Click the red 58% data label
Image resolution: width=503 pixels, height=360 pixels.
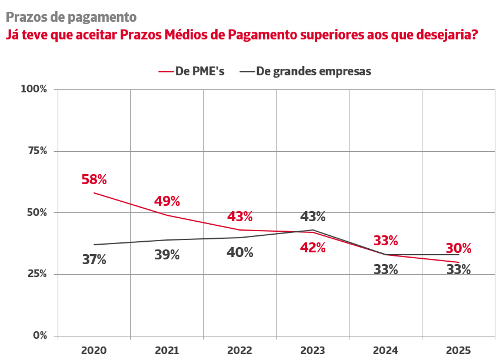tap(94, 179)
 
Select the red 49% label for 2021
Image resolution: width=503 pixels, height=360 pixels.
tap(167, 201)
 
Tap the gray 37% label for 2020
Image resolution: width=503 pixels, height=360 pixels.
tap(94, 259)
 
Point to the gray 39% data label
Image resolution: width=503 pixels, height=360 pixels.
tap(167, 255)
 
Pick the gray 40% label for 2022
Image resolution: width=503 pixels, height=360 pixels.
tap(240, 252)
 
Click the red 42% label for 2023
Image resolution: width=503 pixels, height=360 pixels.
tap(313, 248)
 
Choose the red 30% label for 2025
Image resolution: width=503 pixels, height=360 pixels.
tap(459, 249)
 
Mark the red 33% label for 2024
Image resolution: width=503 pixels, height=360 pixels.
tap(386, 241)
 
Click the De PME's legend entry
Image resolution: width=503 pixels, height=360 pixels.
tap(192, 71)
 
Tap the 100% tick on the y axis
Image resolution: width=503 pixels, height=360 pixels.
tap(34, 89)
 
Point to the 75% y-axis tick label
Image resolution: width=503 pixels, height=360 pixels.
tap(36, 151)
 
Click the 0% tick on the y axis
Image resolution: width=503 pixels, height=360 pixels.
tap(39, 336)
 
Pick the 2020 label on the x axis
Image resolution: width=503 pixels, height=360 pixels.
tap(94, 351)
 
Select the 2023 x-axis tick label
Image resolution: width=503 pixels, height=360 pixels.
tap(313, 351)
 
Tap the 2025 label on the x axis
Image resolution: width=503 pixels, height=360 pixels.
tap(459, 351)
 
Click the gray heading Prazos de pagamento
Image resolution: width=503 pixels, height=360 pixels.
tap(71, 18)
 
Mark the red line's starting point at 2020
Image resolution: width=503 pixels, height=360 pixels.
tap(94, 193)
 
